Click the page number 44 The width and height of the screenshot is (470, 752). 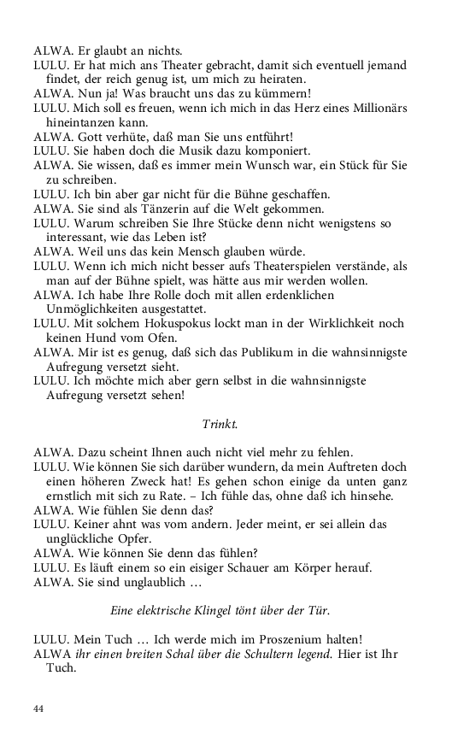[x=38, y=709]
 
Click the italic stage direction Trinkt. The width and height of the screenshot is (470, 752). [x=220, y=424]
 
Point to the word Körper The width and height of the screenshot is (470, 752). [x=332, y=567]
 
